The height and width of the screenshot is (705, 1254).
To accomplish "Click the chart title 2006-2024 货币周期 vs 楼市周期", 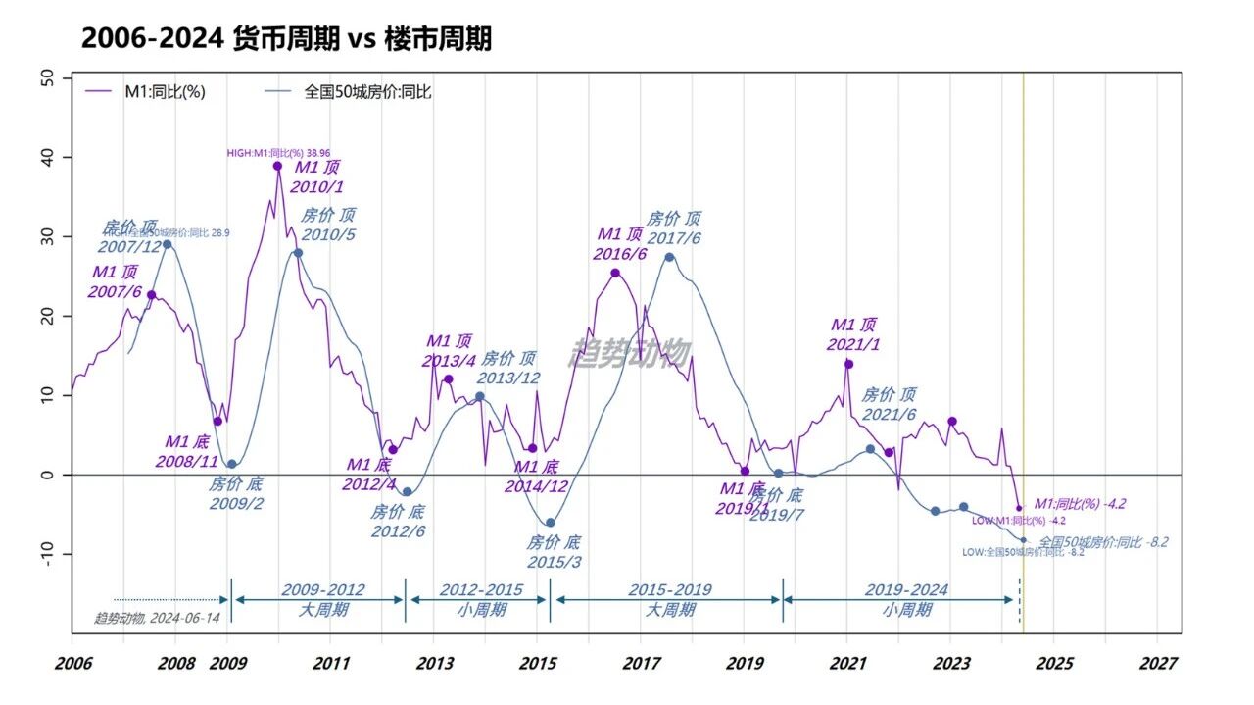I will click(286, 39).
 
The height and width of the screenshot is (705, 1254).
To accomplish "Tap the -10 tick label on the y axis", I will click(48, 555).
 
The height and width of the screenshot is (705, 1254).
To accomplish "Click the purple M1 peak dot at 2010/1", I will click(277, 167).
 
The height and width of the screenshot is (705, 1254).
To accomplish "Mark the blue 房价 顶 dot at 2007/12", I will click(167, 244).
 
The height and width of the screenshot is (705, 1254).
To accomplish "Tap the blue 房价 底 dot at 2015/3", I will click(550, 523).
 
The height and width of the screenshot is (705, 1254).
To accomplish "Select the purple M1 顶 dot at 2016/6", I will click(615, 273).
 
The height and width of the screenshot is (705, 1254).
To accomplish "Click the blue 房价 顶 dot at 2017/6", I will click(669, 257).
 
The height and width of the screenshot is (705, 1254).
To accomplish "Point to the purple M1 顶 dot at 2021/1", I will click(848, 364).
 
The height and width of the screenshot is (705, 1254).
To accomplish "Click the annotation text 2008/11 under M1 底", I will click(187, 460).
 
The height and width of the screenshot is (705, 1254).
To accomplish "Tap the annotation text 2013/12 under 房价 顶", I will click(509, 378).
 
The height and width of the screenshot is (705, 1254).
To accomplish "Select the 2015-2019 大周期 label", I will click(669, 600).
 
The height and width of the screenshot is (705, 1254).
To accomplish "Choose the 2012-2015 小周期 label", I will click(480, 600).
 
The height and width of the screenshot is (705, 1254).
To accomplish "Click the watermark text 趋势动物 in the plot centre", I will click(630, 354).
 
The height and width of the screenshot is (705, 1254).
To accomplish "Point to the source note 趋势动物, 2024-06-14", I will click(157, 618).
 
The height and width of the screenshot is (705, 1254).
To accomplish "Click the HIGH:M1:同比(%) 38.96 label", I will click(278, 153).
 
